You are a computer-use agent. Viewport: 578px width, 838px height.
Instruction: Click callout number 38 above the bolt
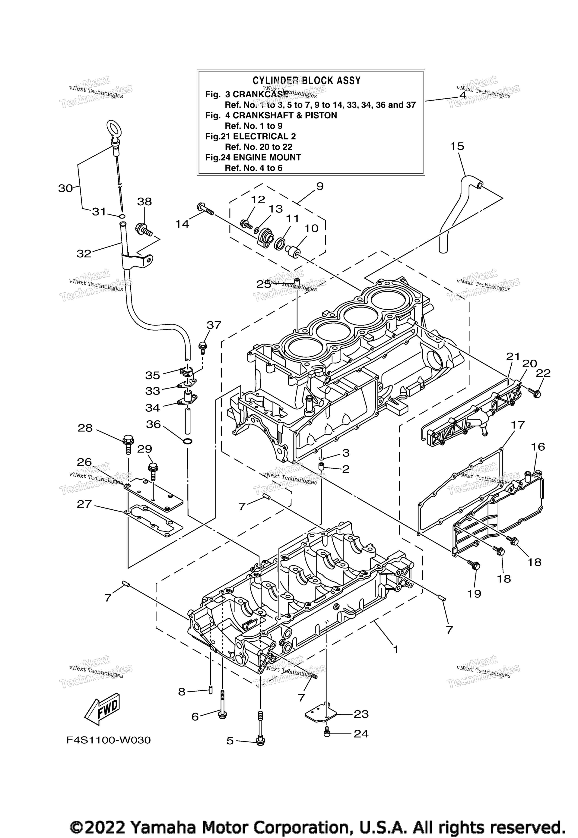(144, 202)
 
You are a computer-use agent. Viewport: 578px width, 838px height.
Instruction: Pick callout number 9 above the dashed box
(320, 186)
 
